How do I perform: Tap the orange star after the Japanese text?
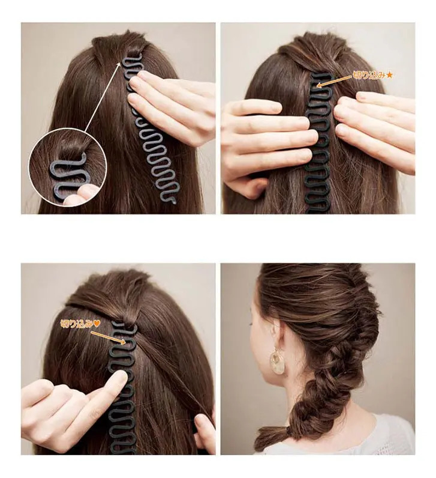(389, 75)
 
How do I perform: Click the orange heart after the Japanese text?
(96, 324)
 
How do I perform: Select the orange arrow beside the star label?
(334, 81)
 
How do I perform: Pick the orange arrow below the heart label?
(109, 337)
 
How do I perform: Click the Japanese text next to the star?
(369, 75)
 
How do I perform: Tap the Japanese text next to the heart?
(76, 324)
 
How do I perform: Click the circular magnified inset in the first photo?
(68, 166)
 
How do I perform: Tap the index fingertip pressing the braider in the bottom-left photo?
(120, 380)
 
